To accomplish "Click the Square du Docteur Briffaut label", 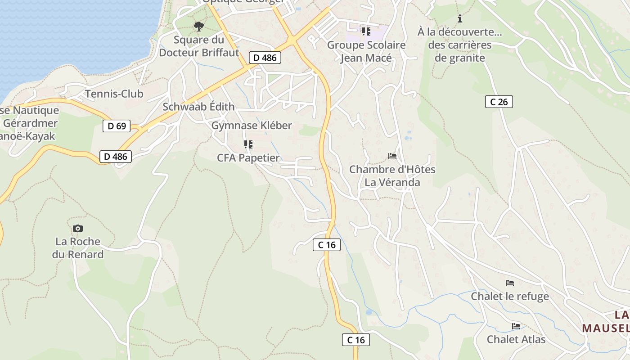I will (x=199, y=46).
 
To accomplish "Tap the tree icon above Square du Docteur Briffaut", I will (x=198, y=27).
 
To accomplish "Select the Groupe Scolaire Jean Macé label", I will (x=366, y=51).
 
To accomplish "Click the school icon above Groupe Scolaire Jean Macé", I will (x=366, y=31).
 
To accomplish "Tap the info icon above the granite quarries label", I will (x=459, y=18).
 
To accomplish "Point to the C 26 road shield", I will (x=499, y=102).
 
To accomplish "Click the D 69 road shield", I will (x=117, y=126).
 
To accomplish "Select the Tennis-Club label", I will (x=114, y=94).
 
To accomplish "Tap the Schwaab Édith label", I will (x=198, y=107).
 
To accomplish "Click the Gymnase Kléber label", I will (x=252, y=126).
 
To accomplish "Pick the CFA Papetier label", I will (x=248, y=158).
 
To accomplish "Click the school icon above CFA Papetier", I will (x=248, y=144).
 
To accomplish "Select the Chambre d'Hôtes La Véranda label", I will (x=392, y=176).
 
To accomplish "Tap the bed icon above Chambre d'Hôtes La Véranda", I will (x=392, y=156).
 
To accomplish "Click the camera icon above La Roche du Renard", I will (x=78, y=228).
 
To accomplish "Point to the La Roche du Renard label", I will (x=78, y=248).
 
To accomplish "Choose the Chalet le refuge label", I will (x=509, y=296).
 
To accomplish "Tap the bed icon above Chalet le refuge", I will (x=509, y=283).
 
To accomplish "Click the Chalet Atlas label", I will (x=516, y=339).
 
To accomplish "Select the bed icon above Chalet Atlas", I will (x=516, y=326).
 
